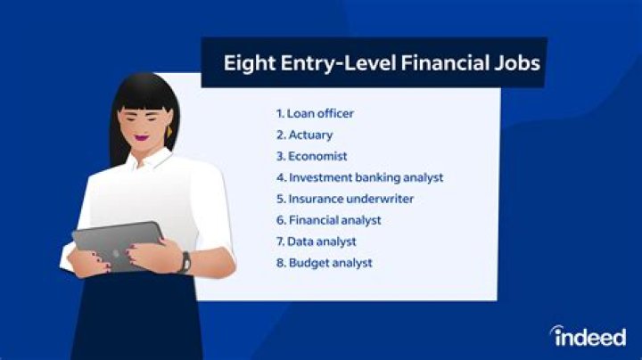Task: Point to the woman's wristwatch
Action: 185,261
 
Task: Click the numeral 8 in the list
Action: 280,263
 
